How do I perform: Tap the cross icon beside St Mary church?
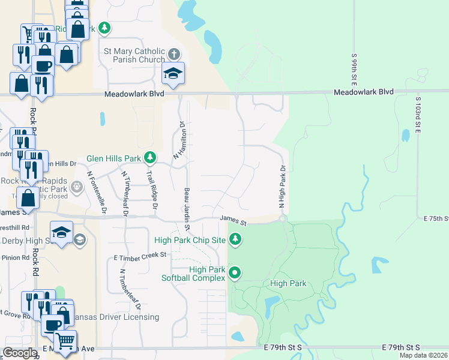(174, 55)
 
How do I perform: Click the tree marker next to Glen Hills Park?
(150, 158)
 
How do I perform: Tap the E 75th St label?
(436, 218)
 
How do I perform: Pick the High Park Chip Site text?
(190, 240)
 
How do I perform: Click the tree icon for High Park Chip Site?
(236, 240)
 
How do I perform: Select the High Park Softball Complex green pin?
(236, 273)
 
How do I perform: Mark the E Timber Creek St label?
(139, 256)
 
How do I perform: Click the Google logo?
(20, 353)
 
